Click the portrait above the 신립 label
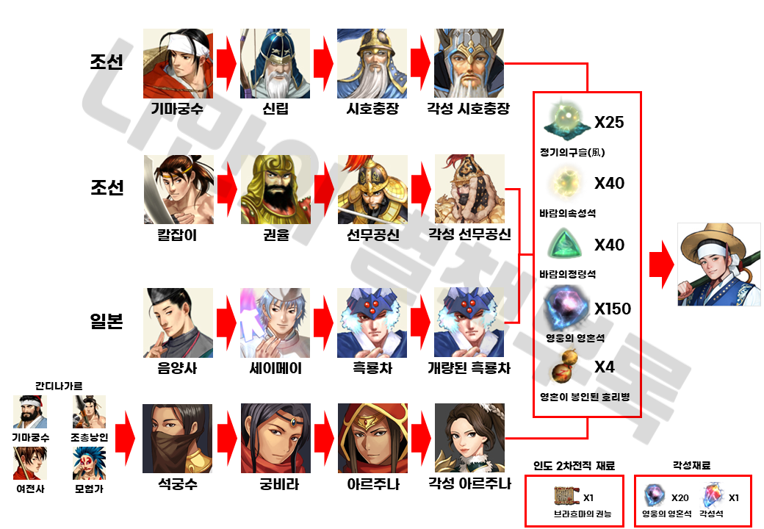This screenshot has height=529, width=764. [275, 64]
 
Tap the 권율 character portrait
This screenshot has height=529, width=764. [275, 189]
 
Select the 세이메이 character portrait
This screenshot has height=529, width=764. [275, 323]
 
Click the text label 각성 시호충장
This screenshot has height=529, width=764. [469, 109]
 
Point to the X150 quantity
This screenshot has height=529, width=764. [612, 309]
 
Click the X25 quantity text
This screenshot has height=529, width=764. [609, 122]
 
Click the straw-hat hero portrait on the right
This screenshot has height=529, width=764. [718, 264]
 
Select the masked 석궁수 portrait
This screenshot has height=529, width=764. [177, 438]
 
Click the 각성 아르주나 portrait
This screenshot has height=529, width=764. [469, 438]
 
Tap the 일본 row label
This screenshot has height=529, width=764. [107, 322]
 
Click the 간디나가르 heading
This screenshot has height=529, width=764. [59, 385]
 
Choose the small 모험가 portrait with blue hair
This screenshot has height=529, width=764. [89, 463]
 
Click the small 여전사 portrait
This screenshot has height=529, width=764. [30, 463]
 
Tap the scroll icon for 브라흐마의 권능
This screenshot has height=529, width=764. [566, 497]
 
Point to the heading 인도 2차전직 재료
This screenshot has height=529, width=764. [574, 465]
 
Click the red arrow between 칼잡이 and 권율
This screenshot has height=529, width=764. [226, 189]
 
